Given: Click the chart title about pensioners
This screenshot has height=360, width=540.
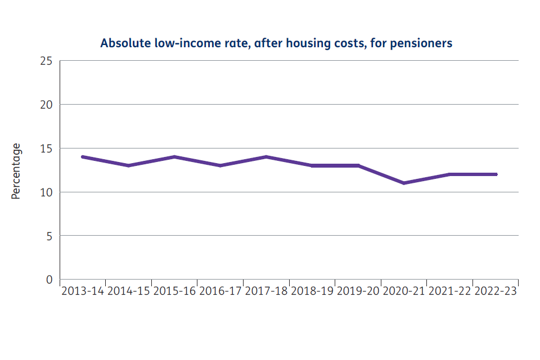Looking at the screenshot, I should pyautogui.click(x=276, y=43).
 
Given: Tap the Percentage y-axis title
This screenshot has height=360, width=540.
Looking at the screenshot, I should pyautogui.click(x=16, y=171).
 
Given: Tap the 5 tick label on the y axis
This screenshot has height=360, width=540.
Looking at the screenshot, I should pyautogui.click(x=49, y=236).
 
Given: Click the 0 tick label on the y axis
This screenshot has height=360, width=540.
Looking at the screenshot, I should pyautogui.click(x=49, y=280).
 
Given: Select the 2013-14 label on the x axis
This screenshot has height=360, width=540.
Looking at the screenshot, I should pyautogui.click(x=83, y=291).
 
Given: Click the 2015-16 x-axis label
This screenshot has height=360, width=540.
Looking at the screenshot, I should pyautogui.click(x=174, y=291).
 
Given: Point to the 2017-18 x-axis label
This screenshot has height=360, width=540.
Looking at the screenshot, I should pyautogui.click(x=266, y=291).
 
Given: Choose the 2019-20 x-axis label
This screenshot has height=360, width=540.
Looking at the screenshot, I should pyautogui.click(x=358, y=291).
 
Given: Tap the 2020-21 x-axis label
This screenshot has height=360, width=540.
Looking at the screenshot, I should pyautogui.click(x=404, y=291).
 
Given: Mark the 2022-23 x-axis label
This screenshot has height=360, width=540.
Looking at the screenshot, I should pyautogui.click(x=496, y=291).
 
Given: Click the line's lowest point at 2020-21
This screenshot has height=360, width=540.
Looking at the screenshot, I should pyautogui.click(x=404, y=183).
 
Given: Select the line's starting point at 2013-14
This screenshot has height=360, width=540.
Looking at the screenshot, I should pyautogui.click(x=83, y=157).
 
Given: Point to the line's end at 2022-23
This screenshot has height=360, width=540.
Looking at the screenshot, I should pyautogui.click(x=496, y=174).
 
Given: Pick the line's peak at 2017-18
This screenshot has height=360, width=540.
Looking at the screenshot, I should pyautogui.click(x=266, y=157).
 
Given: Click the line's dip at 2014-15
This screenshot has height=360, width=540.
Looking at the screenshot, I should pyautogui.click(x=129, y=165).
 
